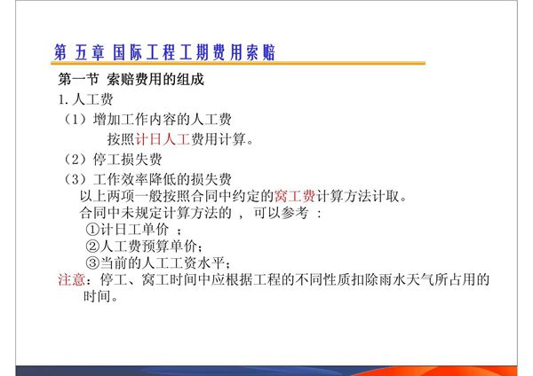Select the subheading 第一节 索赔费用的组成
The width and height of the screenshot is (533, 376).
tap(131, 80)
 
